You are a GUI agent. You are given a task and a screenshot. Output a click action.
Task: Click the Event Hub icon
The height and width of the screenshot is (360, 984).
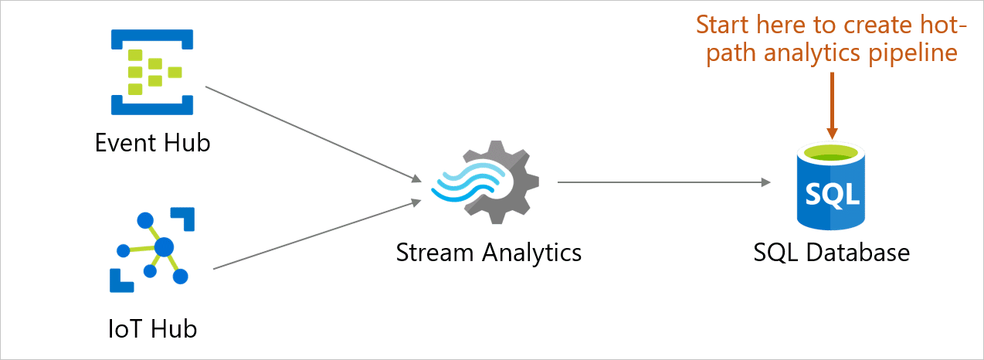pos(151,72)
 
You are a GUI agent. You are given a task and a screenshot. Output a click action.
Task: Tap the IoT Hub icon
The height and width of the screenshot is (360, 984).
pos(151,249)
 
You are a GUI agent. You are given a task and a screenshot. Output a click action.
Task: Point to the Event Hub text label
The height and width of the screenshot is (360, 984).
pos(152,143)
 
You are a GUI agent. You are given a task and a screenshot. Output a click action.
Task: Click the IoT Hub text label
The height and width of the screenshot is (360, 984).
pos(152,329)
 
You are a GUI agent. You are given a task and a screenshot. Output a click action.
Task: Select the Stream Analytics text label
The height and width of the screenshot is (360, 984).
pos(488,253)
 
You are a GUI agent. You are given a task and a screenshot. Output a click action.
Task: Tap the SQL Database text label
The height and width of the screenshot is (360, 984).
pos(832,253)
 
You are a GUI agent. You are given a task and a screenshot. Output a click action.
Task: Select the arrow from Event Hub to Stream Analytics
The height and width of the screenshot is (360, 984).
pos(313,134)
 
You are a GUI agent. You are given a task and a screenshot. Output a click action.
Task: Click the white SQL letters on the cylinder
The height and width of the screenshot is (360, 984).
pos(832,193)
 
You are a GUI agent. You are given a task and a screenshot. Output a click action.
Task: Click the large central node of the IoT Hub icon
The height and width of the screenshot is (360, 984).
pos(164,247)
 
